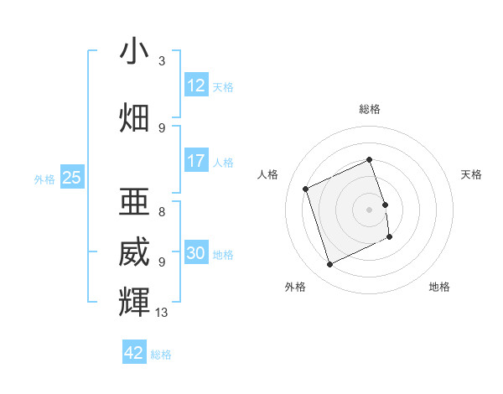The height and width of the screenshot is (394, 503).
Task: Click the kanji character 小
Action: (x=134, y=52)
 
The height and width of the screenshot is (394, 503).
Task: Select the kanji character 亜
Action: (x=134, y=200)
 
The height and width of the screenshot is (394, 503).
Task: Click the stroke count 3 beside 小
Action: (x=162, y=61)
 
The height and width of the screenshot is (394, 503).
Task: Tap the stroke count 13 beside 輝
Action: (x=162, y=313)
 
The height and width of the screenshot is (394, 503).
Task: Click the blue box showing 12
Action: (x=195, y=86)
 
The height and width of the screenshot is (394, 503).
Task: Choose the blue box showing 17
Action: (x=195, y=161)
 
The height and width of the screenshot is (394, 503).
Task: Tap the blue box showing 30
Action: (x=195, y=253)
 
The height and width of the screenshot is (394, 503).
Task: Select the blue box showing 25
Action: (x=71, y=178)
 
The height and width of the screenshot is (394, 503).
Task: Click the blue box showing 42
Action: (x=134, y=353)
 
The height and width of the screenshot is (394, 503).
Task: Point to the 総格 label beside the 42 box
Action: (x=161, y=355)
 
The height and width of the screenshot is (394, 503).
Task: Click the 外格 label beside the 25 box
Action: (x=44, y=179)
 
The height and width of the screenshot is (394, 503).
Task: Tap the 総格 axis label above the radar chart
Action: (x=370, y=109)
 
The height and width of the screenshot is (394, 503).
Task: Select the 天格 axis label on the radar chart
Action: (x=471, y=174)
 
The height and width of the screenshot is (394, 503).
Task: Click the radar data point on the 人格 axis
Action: (x=306, y=189)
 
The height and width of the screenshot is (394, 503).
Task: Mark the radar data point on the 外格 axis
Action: (x=329, y=265)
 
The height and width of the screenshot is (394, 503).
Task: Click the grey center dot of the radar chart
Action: (x=370, y=209)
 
